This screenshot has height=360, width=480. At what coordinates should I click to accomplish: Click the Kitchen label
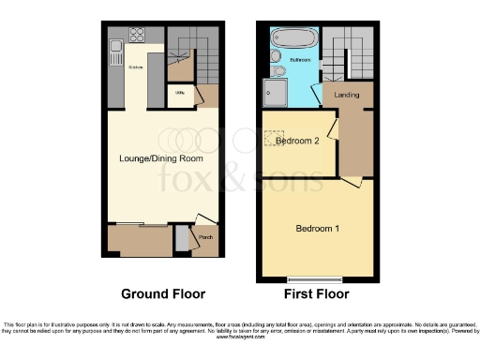point(135,68)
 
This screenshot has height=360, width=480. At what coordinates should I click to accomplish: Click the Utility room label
point(178,93)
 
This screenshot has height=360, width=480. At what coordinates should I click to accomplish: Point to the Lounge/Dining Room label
point(161,157)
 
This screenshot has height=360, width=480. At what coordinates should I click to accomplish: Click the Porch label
point(204,237)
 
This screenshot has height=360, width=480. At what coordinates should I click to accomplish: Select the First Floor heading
point(317,292)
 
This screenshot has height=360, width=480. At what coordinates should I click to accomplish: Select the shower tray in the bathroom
point(277,91)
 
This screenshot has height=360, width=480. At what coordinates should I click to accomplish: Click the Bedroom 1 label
point(317,229)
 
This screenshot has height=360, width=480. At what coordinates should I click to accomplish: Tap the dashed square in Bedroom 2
point(275,137)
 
